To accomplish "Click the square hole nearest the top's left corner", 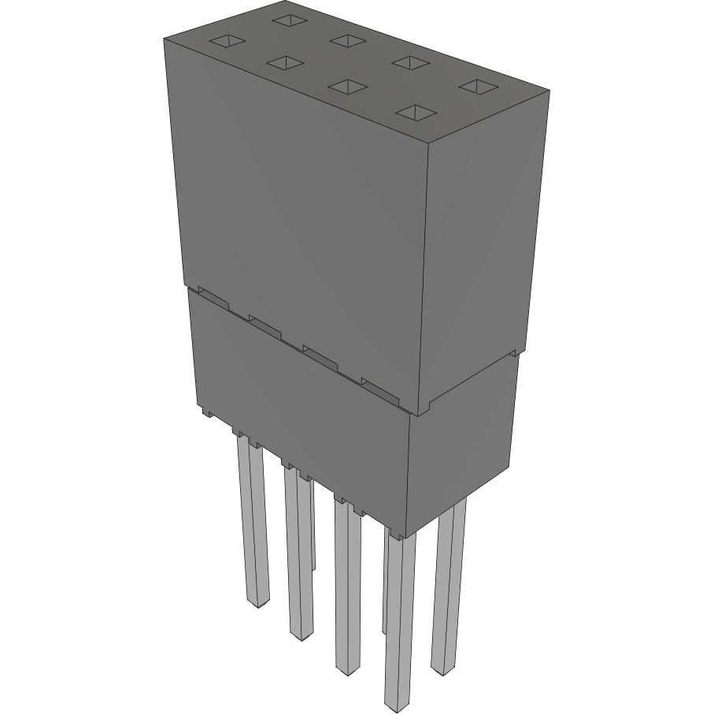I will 227,41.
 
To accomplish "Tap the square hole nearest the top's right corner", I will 475,86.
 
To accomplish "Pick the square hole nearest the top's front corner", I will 416,113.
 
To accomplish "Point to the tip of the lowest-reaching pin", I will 398,701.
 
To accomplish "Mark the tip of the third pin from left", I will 346,669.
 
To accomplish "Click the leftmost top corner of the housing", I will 163,37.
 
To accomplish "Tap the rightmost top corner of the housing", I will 549,91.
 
